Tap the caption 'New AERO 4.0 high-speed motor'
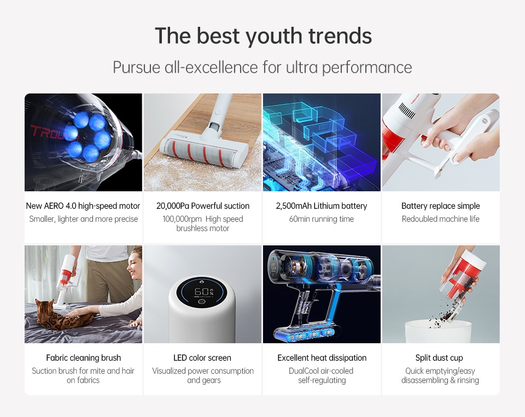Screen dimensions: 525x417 point(83,206)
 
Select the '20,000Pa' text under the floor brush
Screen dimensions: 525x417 point(173,206)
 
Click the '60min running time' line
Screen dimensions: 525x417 point(322,219)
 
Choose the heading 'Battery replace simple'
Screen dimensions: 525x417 point(441,206)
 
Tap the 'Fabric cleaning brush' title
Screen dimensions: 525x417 point(83,358)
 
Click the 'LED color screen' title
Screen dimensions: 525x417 point(202,358)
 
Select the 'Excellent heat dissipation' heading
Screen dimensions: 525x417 point(322,358)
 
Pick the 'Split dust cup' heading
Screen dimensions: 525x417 point(439,358)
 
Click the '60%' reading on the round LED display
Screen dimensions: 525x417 point(203,292)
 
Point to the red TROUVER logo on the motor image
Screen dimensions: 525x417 point(54,132)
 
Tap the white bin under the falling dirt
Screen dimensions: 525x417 point(439,331)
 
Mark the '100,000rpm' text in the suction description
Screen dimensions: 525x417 point(182,219)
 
